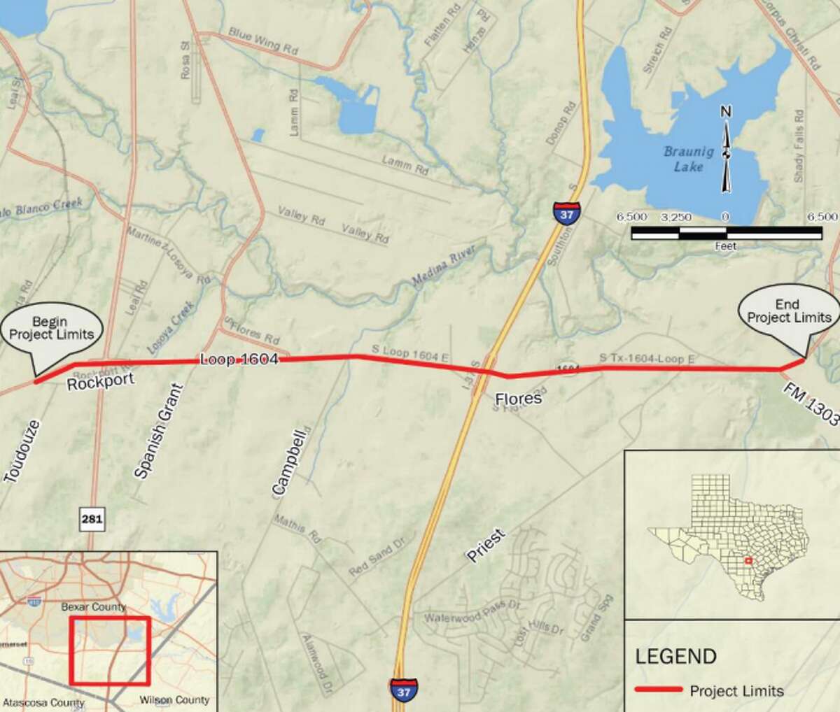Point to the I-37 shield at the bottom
tap(404, 688)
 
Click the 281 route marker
tap(92, 520)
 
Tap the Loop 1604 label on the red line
tap(239, 359)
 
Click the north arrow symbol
tap(726, 149)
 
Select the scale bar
tap(726, 233)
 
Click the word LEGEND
tap(675, 656)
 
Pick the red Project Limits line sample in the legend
tap(658, 690)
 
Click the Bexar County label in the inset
tap(92, 607)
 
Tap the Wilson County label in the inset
tap(174, 699)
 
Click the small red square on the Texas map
tap(748, 560)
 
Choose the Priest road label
tap(485, 546)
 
